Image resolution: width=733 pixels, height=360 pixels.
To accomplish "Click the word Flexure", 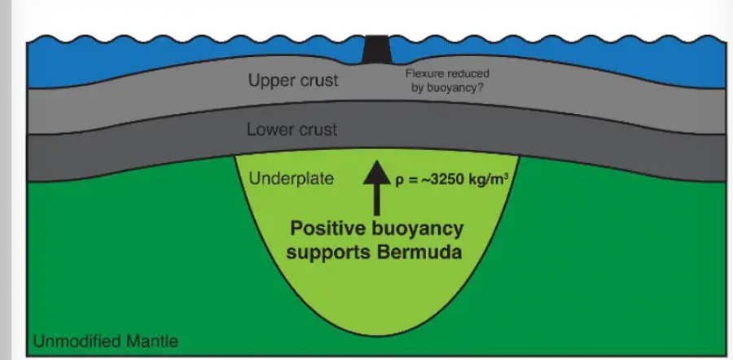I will tap(424, 74).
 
